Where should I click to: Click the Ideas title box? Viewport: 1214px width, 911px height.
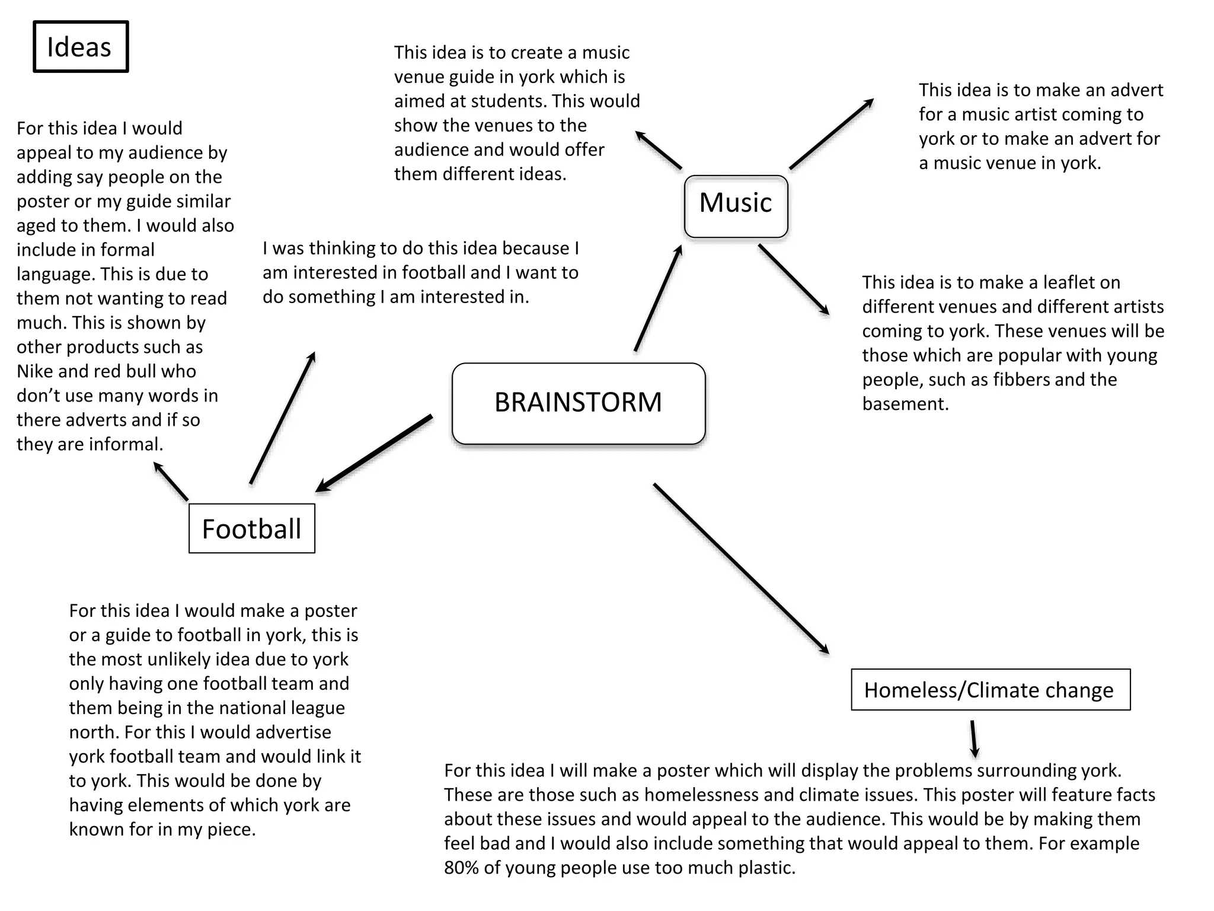point(81,47)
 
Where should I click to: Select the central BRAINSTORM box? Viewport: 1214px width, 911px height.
point(579,403)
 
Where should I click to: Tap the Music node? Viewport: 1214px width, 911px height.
point(736,206)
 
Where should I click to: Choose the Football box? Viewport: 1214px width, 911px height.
point(252,528)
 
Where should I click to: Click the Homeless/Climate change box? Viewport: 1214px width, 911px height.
point(990,690)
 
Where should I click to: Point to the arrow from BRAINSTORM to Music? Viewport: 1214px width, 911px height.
point(658,298)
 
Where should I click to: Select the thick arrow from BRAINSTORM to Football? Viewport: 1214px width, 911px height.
point(375,453)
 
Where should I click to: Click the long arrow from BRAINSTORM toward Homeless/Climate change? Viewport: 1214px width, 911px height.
point(741,569)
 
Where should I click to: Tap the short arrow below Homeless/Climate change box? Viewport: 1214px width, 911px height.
point(973,739)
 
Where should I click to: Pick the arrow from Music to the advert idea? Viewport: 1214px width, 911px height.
point(831,134)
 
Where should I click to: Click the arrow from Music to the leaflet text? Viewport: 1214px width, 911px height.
point(793,279)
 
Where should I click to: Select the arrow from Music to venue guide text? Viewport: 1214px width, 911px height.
point(659,150)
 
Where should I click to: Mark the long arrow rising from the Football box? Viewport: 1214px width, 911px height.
point(282,418)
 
